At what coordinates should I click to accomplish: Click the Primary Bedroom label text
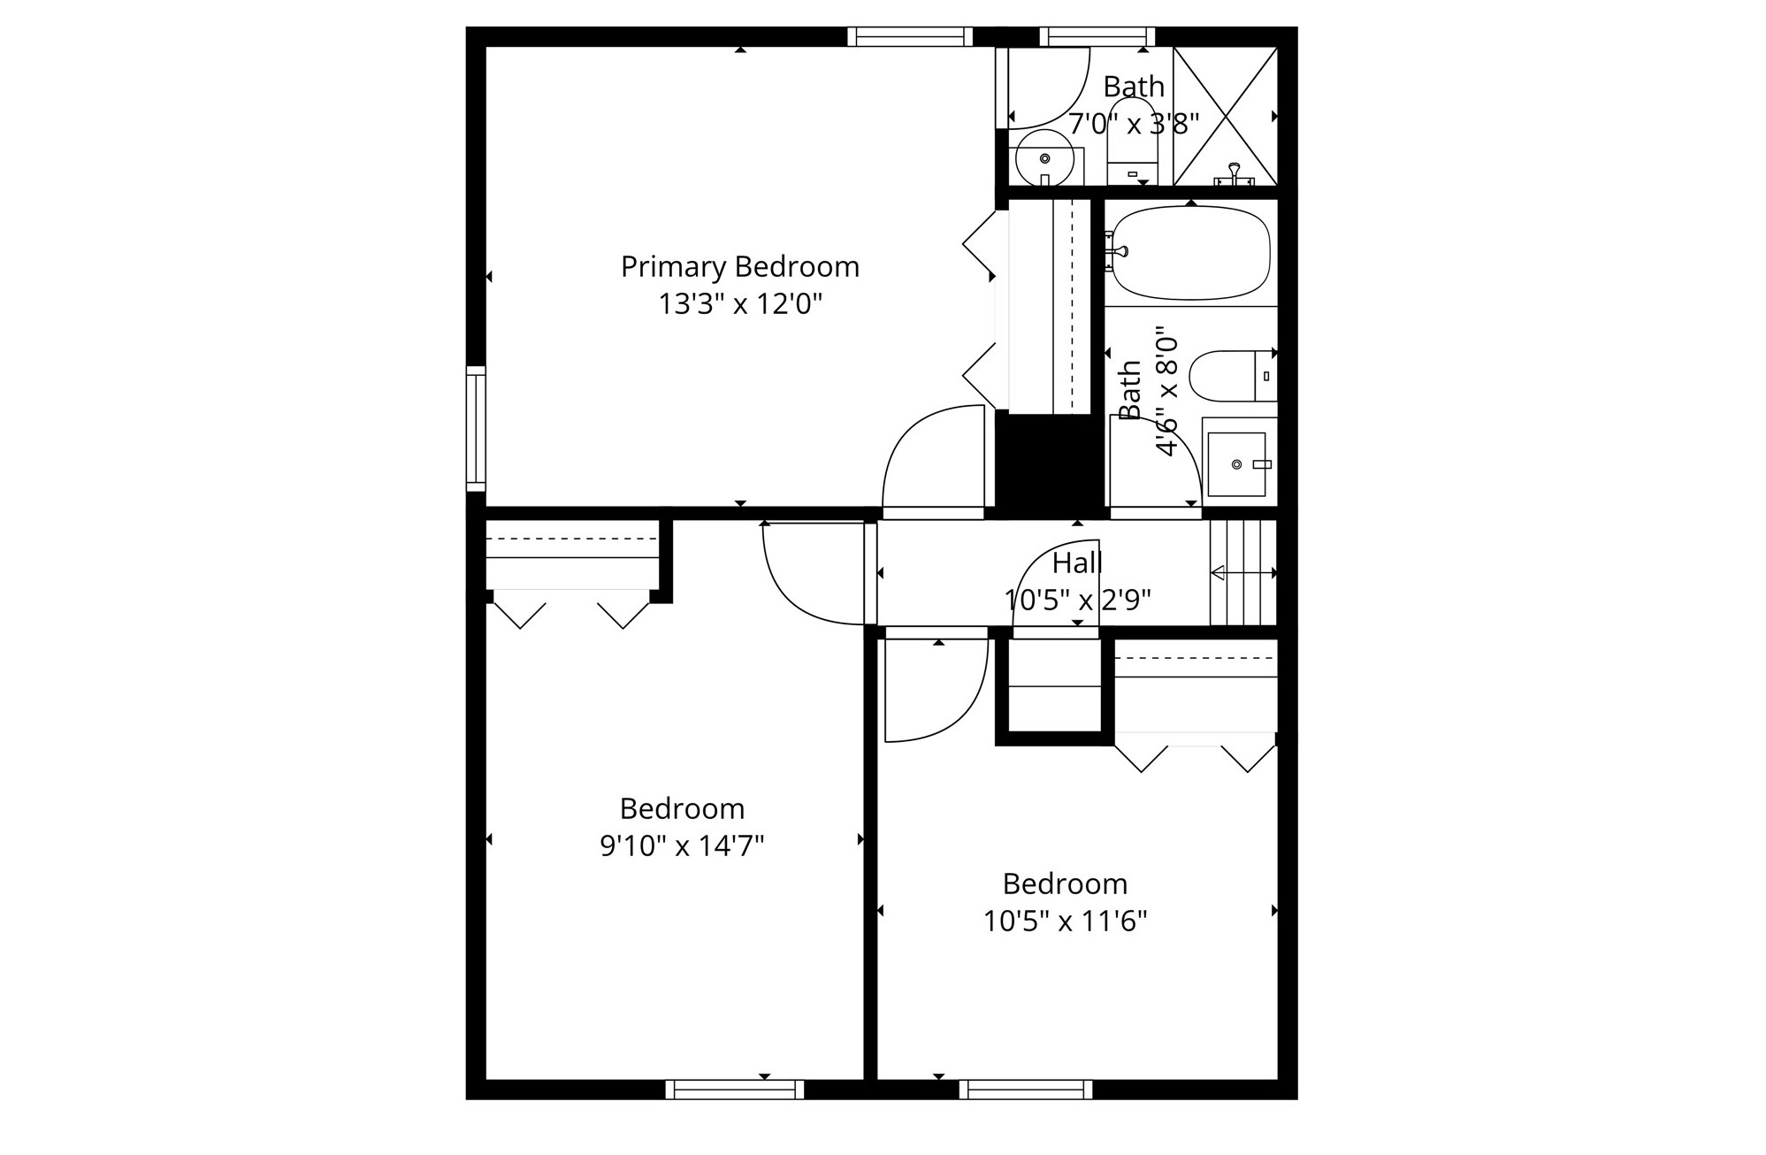coord(740,266)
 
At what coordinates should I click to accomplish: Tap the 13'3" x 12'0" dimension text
coord(740,304)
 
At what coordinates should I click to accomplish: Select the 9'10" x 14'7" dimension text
coord(682,846)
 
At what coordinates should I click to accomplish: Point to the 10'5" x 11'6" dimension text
coord(1065,922)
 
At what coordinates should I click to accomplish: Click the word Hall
coord(1077,562)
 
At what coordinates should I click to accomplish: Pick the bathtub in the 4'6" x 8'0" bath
coord(1191,253)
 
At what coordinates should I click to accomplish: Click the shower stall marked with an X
coord(1225,116)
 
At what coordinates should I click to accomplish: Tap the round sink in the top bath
coord(1044,159)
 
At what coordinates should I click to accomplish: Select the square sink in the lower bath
coord(1236,464)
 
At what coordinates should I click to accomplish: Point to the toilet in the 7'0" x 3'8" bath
coord(1132,142)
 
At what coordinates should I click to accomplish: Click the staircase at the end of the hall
coord(1243,572)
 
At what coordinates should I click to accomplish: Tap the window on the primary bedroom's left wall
coord(476,428)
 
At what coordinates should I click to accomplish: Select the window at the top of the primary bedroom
coord(910,36)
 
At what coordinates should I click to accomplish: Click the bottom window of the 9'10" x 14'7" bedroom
coord(735,1089)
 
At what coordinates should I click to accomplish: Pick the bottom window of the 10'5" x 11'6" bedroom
coord(1026,1089)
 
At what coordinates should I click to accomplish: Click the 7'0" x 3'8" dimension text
coord(1134,124)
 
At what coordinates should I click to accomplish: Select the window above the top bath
coord(1097,36)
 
